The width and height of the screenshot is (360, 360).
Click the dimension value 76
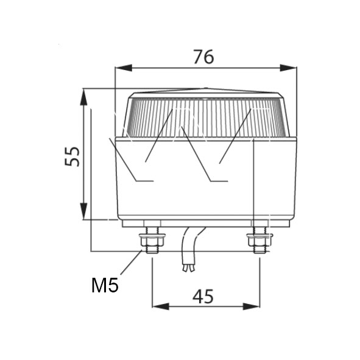203,57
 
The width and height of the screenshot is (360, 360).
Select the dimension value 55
72,157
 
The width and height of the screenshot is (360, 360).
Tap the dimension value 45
203,296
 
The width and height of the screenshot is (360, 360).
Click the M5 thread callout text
105,285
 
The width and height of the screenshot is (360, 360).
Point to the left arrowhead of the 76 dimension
124,68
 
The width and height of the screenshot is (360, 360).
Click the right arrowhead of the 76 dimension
288,68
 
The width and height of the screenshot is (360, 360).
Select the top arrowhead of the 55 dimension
83,97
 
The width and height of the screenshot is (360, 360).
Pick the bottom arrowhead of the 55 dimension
83,211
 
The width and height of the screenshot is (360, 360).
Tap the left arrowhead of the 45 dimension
161,306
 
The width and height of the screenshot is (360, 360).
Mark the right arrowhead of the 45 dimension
252,306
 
